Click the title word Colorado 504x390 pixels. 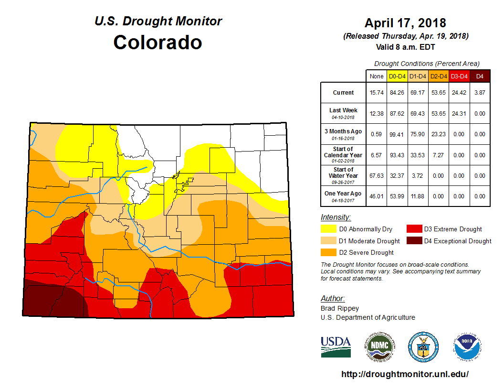pos(157,42)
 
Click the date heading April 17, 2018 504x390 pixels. pos(405,23)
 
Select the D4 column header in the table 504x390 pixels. pos(480,76)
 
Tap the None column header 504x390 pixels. pos(376,76)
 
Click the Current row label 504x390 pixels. pos(343,93)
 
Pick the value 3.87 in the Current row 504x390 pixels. pos(480,93)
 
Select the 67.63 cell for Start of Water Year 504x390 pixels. pos(376,176)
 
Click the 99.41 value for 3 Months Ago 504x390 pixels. pos(397,134)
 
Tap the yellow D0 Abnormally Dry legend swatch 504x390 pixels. pos(328,229)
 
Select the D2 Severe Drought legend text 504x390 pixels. pos(366,252)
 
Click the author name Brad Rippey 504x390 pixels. pos(340,308)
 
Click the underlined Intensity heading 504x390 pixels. pos(336,217)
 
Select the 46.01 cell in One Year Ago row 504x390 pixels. pos(376,196)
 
